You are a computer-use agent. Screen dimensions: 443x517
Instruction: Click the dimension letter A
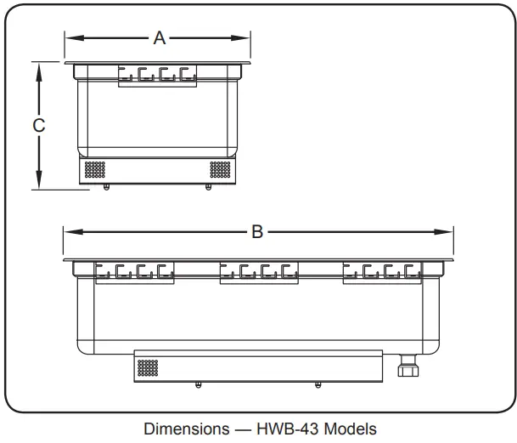[159, 37]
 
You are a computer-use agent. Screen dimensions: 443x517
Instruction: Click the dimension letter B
[258, 232]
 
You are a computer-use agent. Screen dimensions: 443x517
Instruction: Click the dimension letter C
[38, 125]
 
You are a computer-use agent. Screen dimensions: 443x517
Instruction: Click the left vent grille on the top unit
[94, 169]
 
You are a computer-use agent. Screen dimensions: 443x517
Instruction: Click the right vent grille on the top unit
[220, 169]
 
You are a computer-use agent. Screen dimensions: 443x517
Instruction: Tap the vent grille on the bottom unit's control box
[148, 367]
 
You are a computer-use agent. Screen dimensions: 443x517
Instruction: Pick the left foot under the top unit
[105, 188]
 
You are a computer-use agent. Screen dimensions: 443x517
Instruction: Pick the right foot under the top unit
[209, 188]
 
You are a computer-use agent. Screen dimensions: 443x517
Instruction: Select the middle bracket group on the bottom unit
[259, 272]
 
